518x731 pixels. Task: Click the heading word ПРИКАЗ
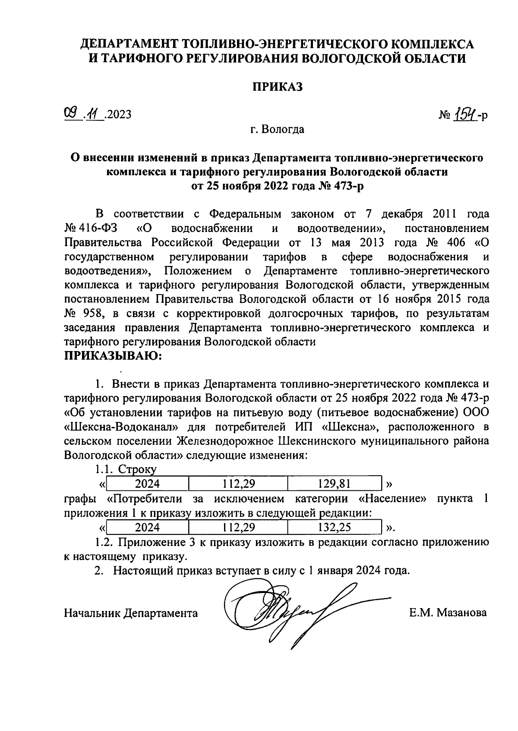[278, 87]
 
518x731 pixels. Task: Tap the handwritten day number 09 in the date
[70, 114]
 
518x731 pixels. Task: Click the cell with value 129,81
[334, 484]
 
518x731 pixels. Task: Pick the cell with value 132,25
[334, 527]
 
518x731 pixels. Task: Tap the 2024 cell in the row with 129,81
[147, 484]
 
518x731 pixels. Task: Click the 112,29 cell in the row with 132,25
[238, 527]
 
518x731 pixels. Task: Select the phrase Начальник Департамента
[131, 613]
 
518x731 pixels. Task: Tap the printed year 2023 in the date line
[118, 115]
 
